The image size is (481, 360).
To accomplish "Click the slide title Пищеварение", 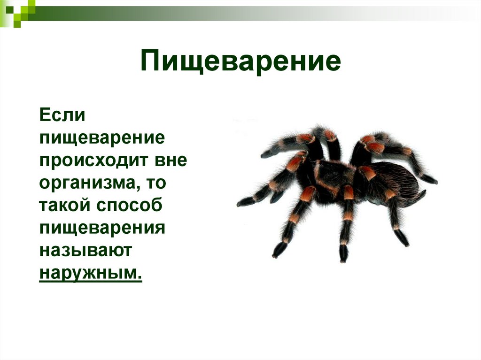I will [x=240, y=62].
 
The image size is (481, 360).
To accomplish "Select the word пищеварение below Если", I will [x=101, y=138].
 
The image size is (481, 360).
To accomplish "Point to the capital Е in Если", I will [x=45, y=115].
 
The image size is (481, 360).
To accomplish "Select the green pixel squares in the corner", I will [x=16, y=11].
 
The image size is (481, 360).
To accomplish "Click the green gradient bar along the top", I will [x=235, y=10].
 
